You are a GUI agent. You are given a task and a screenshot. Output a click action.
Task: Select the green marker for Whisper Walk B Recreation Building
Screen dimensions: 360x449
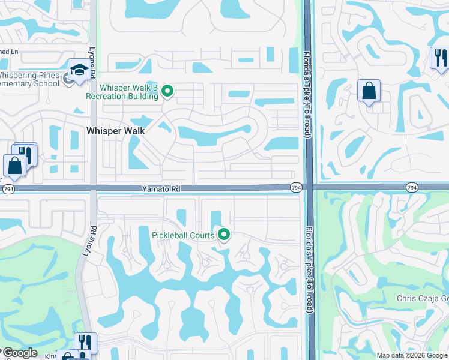[168, 91]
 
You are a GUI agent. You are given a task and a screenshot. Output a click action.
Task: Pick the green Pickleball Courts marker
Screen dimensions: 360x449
[224, 235]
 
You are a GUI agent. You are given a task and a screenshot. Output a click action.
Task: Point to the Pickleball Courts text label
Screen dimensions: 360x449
[182, 235]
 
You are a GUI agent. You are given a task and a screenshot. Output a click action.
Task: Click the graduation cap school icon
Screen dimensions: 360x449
[79, 70]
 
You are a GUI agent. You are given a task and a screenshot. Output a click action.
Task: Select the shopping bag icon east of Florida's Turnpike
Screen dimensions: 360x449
[369, 91]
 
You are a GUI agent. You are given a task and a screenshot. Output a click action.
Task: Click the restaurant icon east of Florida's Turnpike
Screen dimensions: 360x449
[439, 58]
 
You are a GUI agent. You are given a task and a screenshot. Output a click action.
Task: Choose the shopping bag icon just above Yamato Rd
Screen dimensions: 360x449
[14, 166]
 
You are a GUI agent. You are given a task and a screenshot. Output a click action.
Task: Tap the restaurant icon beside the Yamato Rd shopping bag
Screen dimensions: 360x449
[25, 154]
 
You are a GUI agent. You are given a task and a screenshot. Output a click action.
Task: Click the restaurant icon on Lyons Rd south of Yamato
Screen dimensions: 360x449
[85, 343]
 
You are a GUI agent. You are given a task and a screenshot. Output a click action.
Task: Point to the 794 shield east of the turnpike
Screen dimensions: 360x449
[412, 188]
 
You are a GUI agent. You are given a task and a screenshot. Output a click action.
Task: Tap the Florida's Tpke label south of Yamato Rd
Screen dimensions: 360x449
[309, 270]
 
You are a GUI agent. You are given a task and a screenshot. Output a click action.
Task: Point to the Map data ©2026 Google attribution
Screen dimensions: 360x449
[412, 355]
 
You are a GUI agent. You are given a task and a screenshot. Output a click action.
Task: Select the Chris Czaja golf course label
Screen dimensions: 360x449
[423, 298]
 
